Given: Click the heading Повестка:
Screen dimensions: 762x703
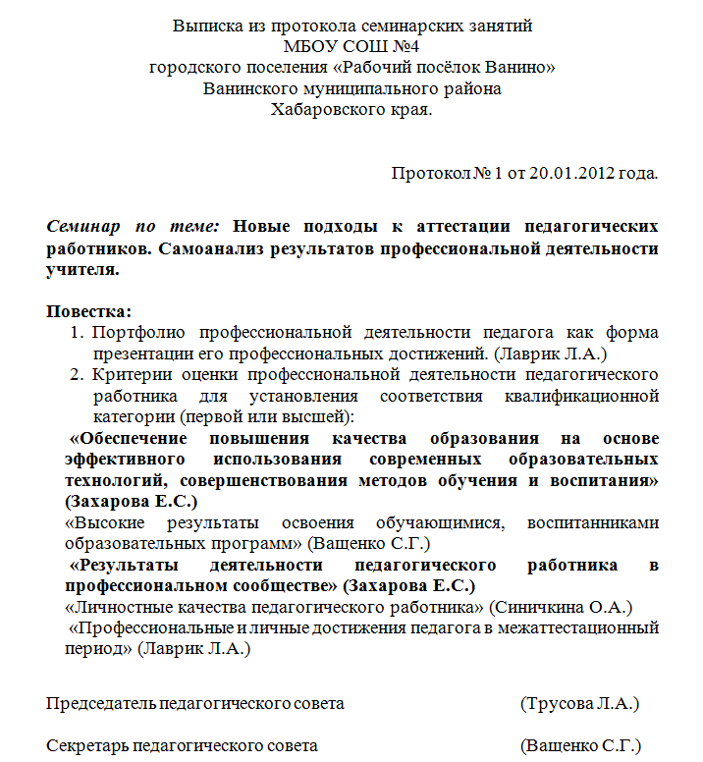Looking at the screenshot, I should coord(88,311).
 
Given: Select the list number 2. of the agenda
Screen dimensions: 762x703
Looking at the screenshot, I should coord(76,374).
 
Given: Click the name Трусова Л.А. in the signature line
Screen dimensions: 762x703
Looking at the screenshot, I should coord(580,703).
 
